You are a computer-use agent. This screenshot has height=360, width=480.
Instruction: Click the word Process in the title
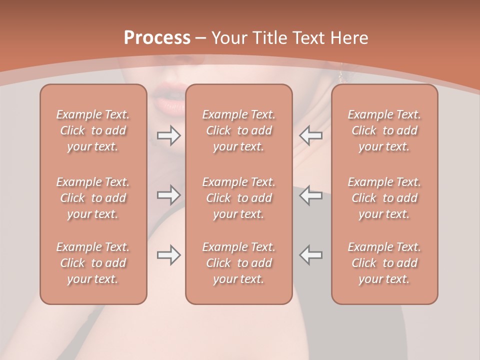(x=157, y=38)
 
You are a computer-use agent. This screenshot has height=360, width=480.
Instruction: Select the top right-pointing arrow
(x=169, y=135)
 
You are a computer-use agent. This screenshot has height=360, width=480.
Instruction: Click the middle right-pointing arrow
(x=169, y=195)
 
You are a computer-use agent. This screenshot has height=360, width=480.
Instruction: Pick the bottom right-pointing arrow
(x=169, y=255)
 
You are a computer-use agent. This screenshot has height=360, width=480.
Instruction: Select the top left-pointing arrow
(x=311, y=135)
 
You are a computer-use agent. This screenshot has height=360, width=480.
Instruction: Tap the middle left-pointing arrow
(x=311, y=195)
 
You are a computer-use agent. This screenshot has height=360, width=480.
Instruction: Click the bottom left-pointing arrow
(x=311, y=255)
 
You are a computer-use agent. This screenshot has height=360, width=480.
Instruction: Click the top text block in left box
(x=93, y=130)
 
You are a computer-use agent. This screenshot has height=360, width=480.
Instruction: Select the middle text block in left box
(x=93, y=198)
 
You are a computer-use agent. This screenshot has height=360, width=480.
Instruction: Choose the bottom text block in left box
(x=93, y=263)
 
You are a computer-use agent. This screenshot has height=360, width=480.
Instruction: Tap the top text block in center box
(x=239, y=130)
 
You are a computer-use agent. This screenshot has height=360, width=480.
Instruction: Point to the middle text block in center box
(x=239, y=198)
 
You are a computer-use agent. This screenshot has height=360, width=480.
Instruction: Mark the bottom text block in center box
(x=239, y=263)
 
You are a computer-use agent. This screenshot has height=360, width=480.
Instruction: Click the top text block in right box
(x=384, y=130)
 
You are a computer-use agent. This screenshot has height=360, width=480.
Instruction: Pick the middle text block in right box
(x=384, y=198)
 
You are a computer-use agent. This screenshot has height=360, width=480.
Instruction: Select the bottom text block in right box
(x=384, y=263)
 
